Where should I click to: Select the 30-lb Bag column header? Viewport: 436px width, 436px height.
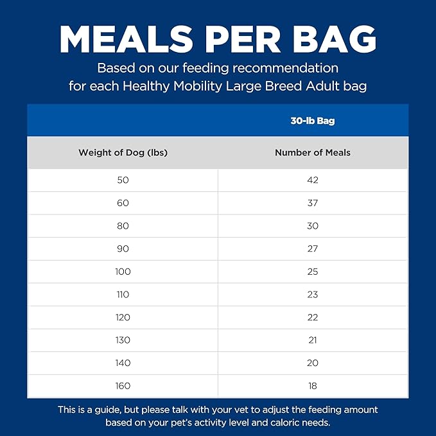[x=312, y=121]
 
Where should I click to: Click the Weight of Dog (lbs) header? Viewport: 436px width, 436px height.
[x=123, y=153]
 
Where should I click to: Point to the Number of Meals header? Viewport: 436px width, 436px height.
[x=312, y=153]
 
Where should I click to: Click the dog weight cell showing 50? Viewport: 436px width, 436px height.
[x=123, y=180]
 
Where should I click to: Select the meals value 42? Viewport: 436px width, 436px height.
[x=313, y=180]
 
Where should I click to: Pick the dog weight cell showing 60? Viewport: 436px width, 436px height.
[x=123, y=203]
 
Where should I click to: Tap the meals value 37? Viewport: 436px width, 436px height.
[x=313, y=203]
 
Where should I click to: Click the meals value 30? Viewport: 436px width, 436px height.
[x=313, y=226]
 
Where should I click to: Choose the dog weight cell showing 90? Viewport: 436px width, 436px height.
[x=123, y=249]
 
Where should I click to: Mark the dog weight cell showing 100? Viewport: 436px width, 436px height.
[x=123, y=272]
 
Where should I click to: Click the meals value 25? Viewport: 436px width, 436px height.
[x=313, y=272]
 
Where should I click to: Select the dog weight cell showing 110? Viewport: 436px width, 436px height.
[x=123, y=295]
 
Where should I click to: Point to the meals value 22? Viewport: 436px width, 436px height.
[x=313, y=317]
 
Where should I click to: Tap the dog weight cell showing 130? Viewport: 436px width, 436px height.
[x=123, y=340]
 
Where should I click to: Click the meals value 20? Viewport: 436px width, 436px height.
[x=313, y=363]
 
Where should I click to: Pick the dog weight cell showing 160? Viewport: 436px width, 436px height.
[x=123, y=386]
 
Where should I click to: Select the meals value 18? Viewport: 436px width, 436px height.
[x=313, y=386]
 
